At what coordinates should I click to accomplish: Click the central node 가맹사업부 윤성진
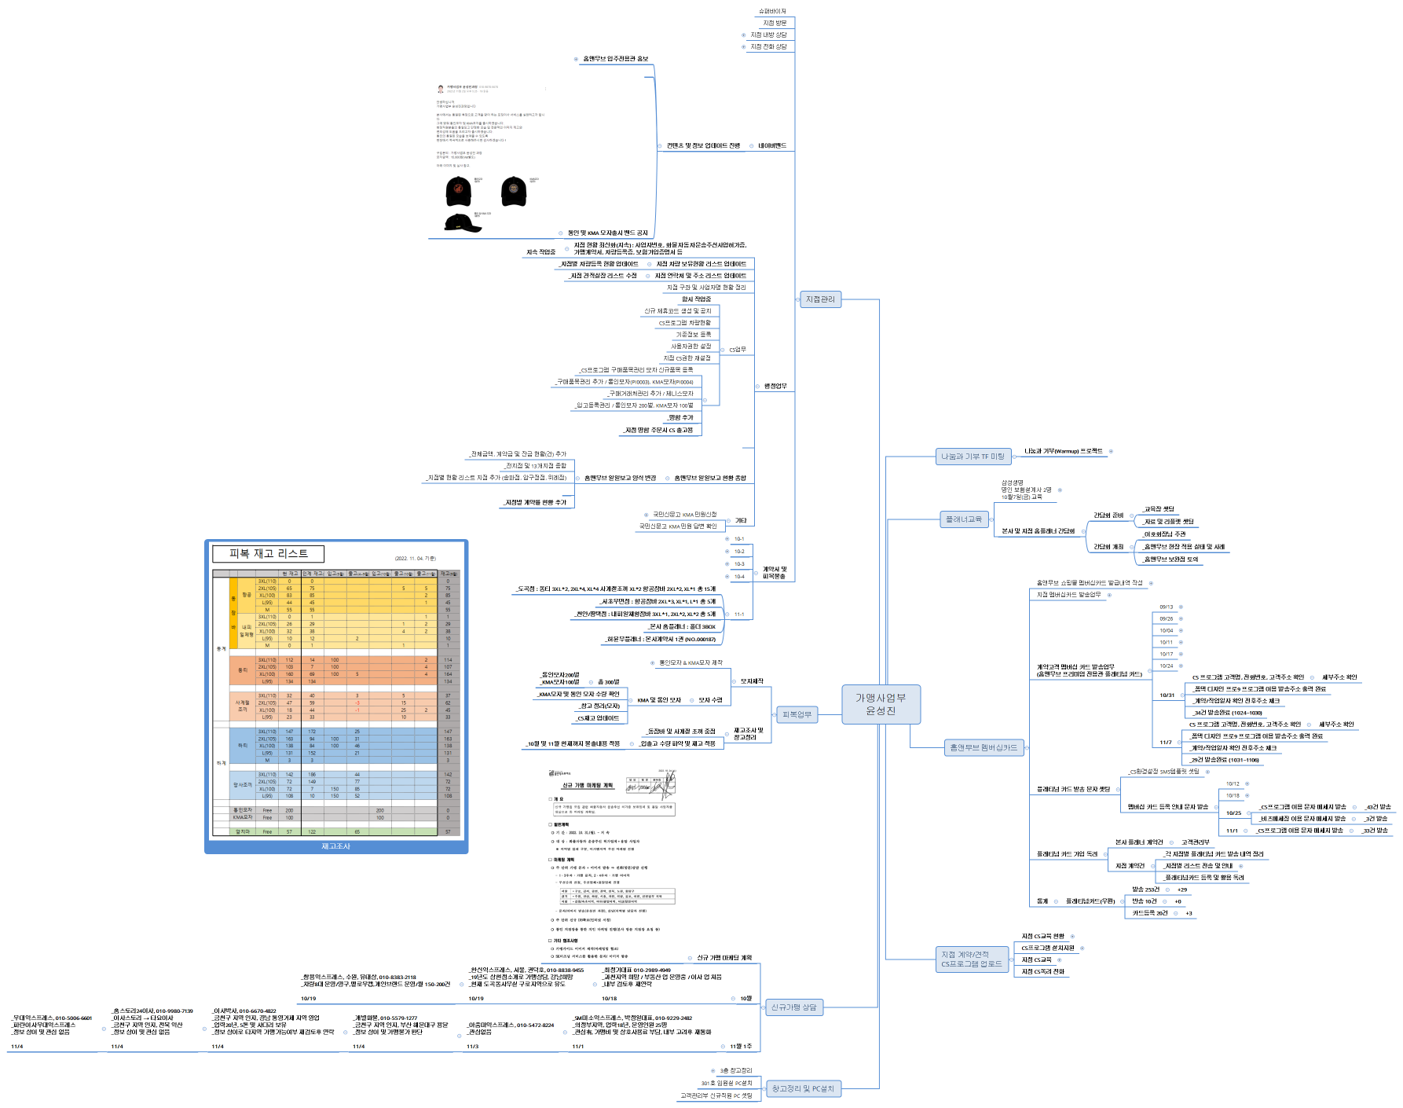tap(880, 703)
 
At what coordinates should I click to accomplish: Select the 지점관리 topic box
tap(820, 299)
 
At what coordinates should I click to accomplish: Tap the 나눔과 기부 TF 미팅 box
tap(973, 457)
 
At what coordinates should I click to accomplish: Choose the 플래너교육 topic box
tap(963, 519)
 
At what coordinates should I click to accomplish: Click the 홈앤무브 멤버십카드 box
tap(983, 747)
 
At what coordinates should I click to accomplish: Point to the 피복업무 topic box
tap(797, 714)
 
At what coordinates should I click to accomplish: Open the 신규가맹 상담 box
tap(793, 1007)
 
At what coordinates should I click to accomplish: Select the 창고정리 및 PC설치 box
tap(802, 1088)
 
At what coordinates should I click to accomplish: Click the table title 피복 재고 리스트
tap(268, 554)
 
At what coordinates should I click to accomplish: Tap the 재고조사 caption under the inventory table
tap(335, 846)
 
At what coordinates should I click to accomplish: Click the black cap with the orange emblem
tap(459, 190)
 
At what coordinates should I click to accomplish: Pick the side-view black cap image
tap(463, 223)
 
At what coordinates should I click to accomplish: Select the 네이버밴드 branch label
tap(771, 146)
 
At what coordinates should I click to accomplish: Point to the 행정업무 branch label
tap(775, 387)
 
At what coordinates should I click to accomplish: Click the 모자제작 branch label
tap(751, 681)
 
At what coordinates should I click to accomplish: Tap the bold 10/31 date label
tap(1167, 695)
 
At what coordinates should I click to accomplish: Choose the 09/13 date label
tap(1166, 607)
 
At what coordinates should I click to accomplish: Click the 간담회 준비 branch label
tap(1108, 515)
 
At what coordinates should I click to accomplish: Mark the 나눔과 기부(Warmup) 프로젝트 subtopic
tap(1063, 452)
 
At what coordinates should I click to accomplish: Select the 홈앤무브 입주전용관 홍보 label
tap(615, 59)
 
